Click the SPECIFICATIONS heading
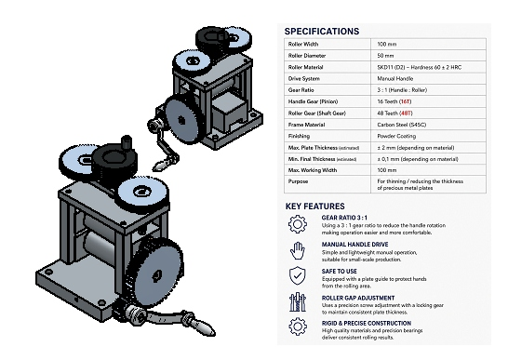point(322,32)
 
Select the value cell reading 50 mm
point(385,56)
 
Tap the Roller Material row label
point(305,67)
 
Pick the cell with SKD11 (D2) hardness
point(420,67)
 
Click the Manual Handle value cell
point(394,79)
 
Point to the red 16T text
point(406,101)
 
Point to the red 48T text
point(406,113)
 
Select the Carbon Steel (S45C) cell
point(401,125)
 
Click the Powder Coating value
point(396,136)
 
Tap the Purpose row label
point(298,181)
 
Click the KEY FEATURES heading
point(314,207)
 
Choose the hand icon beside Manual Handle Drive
point(298,250)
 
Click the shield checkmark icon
point(297,275)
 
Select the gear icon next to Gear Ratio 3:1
point(298,224)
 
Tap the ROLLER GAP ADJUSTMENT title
point(358,298)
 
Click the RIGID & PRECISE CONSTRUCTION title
point(367,324)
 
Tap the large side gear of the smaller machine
point(180,121)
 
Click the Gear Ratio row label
point(301,90)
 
